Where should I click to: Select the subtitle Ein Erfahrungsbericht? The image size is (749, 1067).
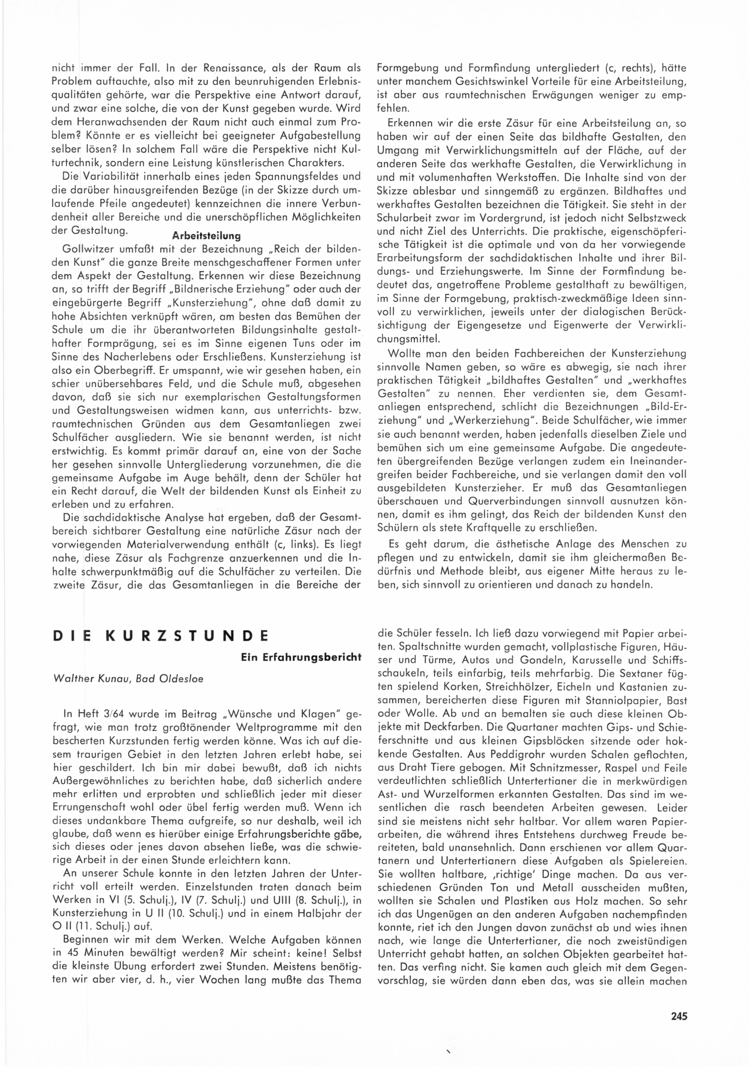[x=301, y=657]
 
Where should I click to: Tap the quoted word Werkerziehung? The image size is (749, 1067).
[x=495, y=420]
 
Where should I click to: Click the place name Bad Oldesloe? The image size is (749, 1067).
[x=170, y=678]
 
